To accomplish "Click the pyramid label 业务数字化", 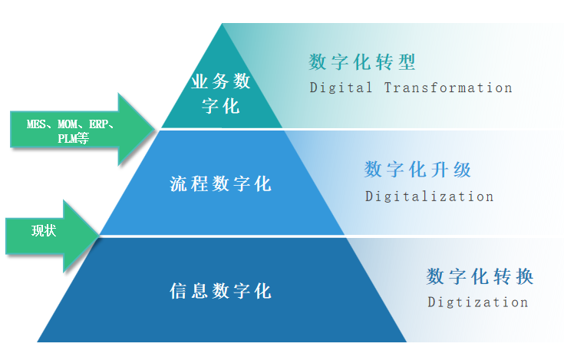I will [x=221, y=93].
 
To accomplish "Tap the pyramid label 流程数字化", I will [x=220, y=184].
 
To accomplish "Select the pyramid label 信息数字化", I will [x=220, y=291].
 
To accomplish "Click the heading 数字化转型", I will [x=362, y=62].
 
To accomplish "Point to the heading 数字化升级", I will [x=417, y=170].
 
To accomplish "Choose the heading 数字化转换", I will [x=480, y=276].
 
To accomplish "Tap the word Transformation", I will [x=448, y=88].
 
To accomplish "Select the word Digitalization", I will [x=429, y=197].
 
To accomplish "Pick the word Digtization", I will [x=477, y=302].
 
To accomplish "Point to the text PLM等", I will [x=74, y=140].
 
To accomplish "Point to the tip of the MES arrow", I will [x=157, y=128].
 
